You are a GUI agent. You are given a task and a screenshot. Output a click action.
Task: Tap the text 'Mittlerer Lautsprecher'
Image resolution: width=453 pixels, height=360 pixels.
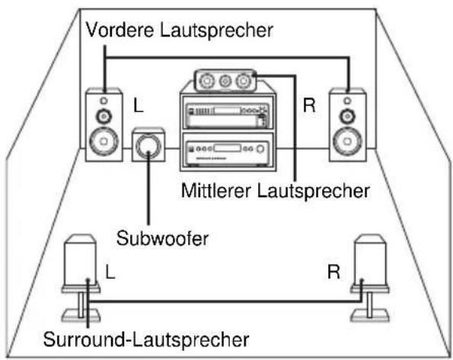pyautogui.click(x=275, y=190)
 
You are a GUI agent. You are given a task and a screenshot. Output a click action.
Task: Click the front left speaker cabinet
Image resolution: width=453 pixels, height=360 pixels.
pyautogui.click(x=103, y=125)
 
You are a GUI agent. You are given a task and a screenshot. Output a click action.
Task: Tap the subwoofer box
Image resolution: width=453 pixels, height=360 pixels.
pyautogui.click(x=148, y=146)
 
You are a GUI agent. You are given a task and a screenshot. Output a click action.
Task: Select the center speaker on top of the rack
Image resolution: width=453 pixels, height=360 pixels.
pyautogui.click(x=225, y=78)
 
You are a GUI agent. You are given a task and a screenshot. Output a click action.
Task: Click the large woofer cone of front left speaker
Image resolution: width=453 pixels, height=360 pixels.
pyautogui.click(x=103, y=142)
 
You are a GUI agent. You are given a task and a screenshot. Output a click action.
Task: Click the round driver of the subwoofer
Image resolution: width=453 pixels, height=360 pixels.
pyautogui.click(x=149, y=147)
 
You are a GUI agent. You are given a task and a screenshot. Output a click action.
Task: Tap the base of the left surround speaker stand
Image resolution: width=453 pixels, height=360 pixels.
pyautogui.click(x=79, y=314)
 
